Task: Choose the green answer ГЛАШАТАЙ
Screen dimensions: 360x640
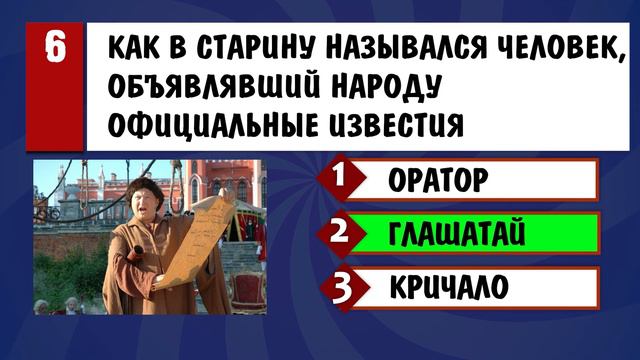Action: [x=457, y=234]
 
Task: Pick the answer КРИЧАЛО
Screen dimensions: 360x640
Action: [x=450, y=287]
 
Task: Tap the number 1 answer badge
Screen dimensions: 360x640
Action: [x=341, y=180]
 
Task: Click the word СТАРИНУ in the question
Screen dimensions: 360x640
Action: [x=237, y=47]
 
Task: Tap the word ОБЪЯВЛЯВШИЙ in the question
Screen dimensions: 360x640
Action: [x=210, y=87]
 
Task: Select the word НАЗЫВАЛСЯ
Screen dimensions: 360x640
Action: [x=384, y=47]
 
